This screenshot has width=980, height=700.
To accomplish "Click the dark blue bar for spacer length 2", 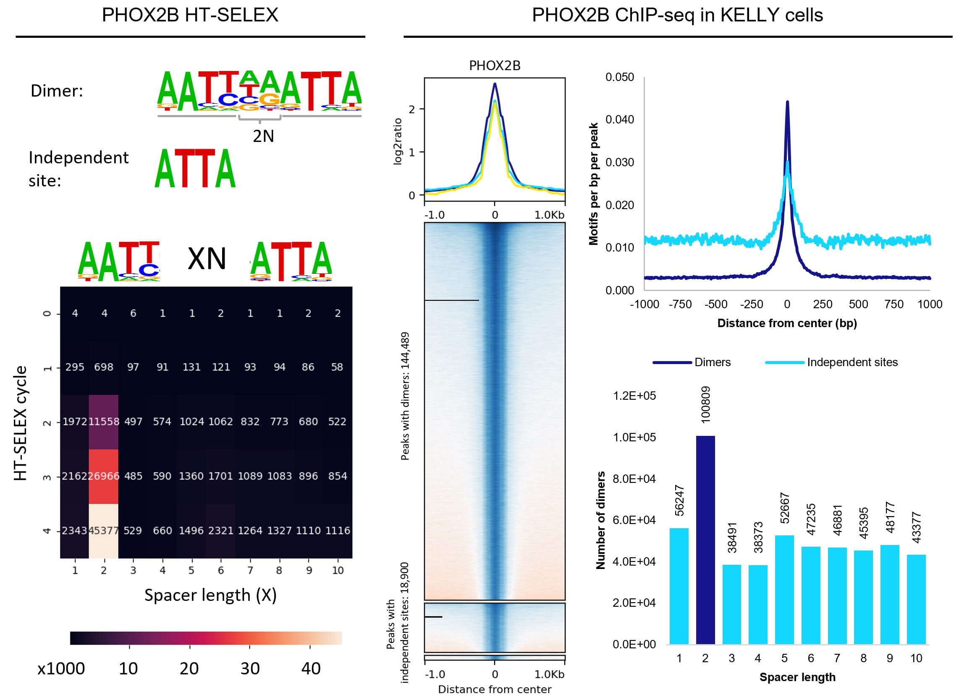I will click(705, 540).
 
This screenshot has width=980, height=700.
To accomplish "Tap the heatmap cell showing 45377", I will click(103, 531).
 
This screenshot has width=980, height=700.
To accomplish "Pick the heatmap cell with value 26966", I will click(103, 476).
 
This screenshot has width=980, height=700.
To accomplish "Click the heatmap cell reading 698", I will click(103, 367).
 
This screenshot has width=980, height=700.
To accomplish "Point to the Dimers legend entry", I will click(712, 362).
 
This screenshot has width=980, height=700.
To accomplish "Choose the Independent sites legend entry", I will click(852, 362).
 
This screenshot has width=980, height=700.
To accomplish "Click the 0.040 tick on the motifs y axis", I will click(619, 119).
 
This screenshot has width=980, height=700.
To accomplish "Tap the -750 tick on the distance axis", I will click(680, 304).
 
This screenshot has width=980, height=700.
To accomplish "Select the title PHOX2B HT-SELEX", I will click(190, 16).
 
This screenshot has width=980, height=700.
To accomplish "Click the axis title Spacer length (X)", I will click(210, 595).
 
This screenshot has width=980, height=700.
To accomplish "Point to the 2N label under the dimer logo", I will click(263, 136).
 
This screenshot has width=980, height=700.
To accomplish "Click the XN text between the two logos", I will click(207, 259).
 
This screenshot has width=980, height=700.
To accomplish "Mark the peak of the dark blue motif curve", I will click(787, 102).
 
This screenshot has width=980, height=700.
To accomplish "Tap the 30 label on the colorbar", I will click(249, 669).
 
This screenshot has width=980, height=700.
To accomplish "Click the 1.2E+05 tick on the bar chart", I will click(634, 396).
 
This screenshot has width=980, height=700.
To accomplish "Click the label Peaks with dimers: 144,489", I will click(405, 396).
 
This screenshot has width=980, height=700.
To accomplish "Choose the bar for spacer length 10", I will click(916, 599).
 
